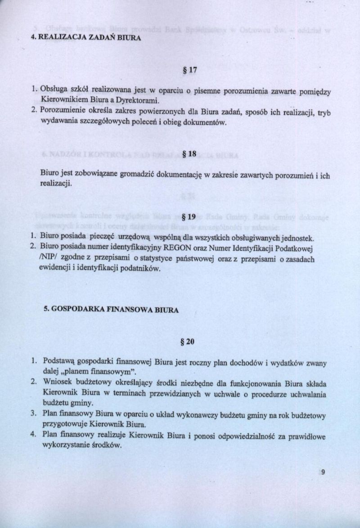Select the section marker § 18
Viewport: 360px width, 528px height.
pyautogui.click(x=188, y=154)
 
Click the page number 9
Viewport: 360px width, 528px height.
pyautogui.click(x=323, y=472)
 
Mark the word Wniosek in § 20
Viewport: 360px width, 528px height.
pyautogui.click(x=56, y=383)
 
